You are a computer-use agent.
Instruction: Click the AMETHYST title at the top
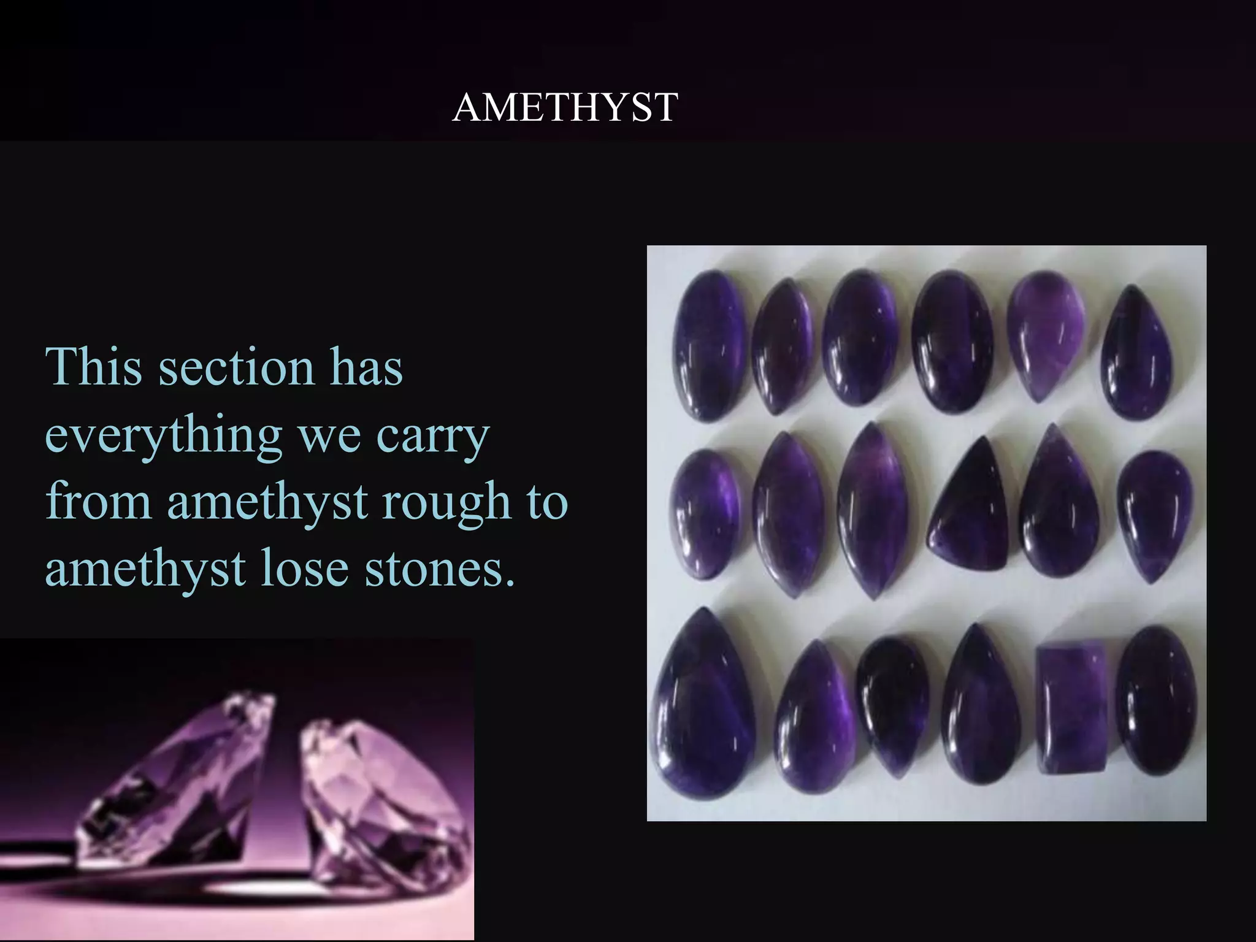tap(565, 107)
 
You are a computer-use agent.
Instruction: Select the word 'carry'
tap(432, 437)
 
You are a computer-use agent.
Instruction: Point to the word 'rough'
tap(446, 502)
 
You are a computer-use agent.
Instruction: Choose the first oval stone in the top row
tap(710, 345)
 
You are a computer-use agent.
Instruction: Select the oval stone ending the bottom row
tap(1155, 700)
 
